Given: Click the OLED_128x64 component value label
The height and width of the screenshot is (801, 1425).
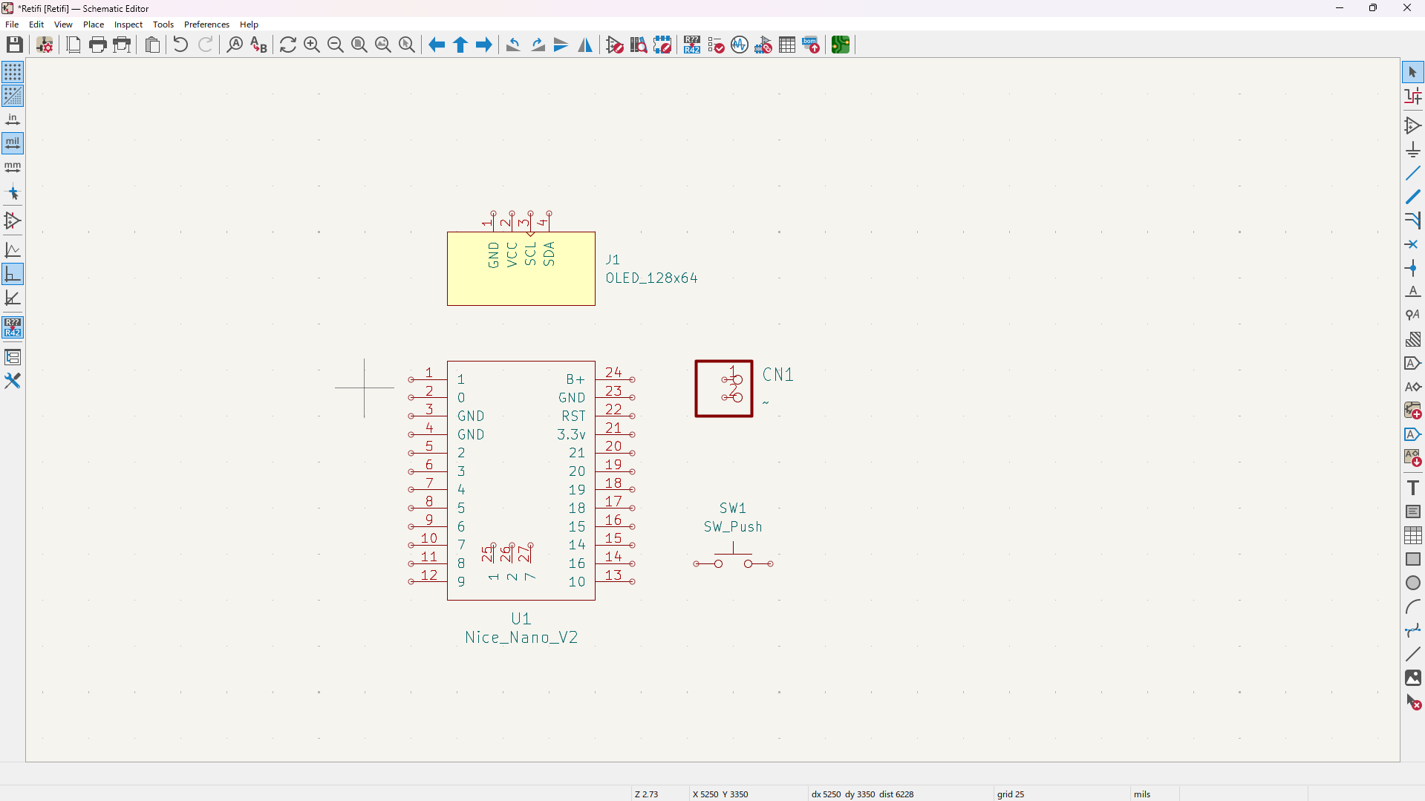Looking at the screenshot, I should tap(651, 278).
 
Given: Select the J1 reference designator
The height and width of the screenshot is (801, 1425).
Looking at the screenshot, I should tap(613, 260).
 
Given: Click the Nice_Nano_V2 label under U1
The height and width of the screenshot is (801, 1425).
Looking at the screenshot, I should tap(521, 638).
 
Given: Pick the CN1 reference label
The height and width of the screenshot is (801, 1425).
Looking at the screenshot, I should tap(778, 375).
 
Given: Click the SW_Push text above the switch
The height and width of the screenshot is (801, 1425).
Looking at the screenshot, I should tap(733, 527).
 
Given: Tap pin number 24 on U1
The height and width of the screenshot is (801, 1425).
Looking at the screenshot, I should tap(613, 373).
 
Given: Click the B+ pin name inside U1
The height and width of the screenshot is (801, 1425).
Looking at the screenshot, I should tap(575, 379).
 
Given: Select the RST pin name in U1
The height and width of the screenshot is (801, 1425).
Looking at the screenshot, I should tap(573, 416).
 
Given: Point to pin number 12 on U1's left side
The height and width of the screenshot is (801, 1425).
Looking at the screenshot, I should tap(429, 575).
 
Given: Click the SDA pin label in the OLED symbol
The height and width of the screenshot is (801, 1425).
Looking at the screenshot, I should tap(549, 254).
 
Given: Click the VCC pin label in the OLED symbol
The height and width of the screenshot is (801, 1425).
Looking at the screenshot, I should tap(512, 254).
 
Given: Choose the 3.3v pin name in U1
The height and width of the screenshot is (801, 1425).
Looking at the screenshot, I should tap(571, 435).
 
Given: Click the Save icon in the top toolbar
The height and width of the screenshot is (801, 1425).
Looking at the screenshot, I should tap(14, 45).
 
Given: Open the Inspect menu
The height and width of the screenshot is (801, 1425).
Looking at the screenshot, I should tap(128, 24).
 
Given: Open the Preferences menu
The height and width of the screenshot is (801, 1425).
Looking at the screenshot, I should tap(206, 24).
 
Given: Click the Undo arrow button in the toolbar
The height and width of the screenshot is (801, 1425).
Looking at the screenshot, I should tap(180, 45).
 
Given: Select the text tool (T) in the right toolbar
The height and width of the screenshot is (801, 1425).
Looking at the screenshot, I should tap(1412, 488).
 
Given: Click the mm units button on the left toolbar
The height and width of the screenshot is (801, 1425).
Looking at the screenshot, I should tap(13, 167).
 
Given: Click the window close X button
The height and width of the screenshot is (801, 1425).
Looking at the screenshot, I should tap(1406, 8).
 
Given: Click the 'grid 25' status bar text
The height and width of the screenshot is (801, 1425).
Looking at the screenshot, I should tap(1010, 794).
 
